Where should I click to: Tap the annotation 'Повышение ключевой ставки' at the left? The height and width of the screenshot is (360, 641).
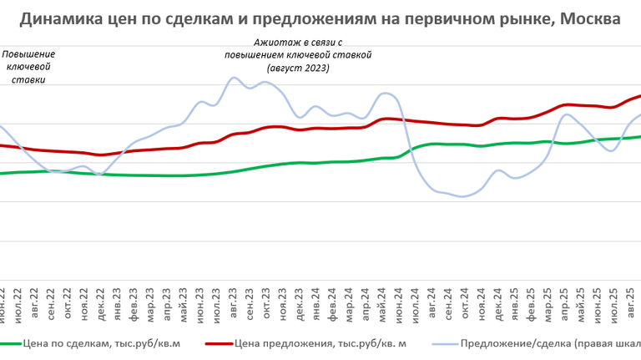tap(28, 67)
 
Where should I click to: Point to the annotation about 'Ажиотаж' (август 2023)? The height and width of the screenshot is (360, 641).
tap(298, 55)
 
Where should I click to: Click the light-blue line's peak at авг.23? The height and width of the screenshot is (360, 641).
tap(233, 78)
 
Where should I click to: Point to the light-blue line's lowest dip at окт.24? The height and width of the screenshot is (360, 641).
tap(462, 196)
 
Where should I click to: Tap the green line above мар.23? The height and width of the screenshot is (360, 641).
tap(150, 175)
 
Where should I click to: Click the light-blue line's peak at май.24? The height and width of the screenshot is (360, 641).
tap(384, 93)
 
